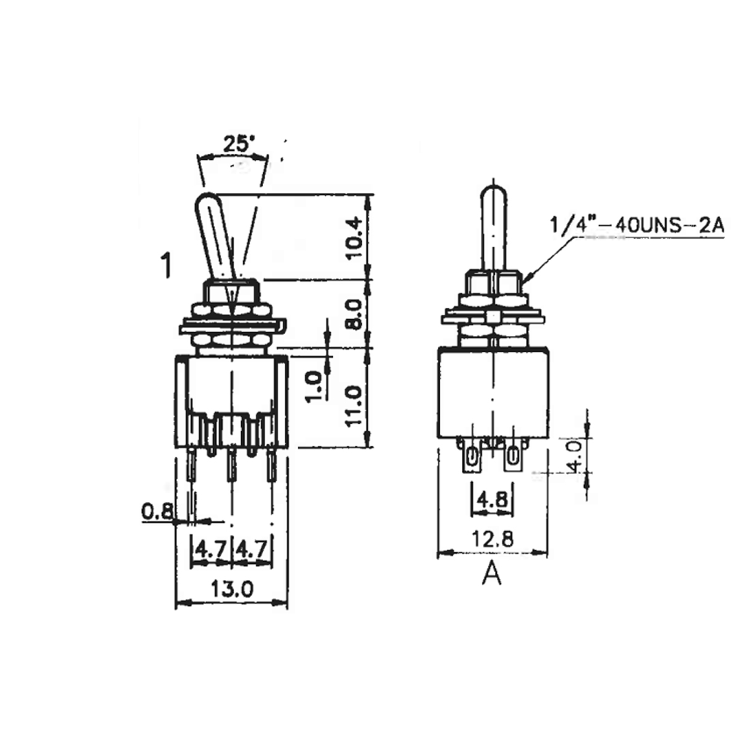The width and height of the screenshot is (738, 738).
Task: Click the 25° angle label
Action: point(236,145)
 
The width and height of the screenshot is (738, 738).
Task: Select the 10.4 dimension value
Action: point(353,238)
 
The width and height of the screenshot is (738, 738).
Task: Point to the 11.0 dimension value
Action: point(353,406)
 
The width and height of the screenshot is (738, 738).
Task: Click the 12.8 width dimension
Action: point(492,539)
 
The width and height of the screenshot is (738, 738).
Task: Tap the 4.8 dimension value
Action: point(492,499)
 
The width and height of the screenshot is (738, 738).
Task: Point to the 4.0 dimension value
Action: point(575,456)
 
